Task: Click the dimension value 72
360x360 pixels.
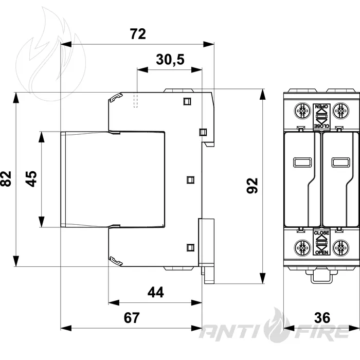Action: click(138, 34)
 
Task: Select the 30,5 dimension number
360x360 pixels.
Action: click(170, 60)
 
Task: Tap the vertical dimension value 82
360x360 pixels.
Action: click(6, 179)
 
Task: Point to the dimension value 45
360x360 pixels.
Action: click(31, 179)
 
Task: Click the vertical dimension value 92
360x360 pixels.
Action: click(252, 186)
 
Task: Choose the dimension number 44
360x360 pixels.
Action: click(156, 292)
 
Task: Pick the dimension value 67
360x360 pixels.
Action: click(132, 317)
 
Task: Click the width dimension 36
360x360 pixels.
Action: click(322, 317)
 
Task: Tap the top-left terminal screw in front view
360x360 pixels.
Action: click(302, 111)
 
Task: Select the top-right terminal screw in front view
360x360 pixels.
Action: click(340, 111)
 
